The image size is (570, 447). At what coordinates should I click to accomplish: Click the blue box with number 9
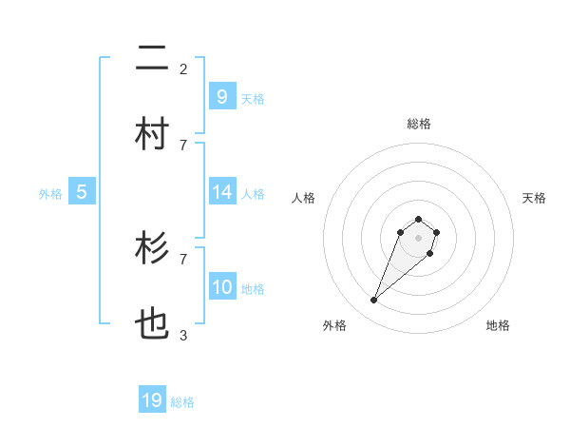221,96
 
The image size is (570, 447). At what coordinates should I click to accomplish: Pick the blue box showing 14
221,192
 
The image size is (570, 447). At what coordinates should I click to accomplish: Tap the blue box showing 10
221,287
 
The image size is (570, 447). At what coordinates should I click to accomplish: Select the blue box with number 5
82,192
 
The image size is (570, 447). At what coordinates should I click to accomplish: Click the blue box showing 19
152,400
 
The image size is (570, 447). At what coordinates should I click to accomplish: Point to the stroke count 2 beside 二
183,68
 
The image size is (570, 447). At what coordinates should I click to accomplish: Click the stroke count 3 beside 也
183,335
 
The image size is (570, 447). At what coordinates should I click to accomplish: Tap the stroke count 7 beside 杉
183,259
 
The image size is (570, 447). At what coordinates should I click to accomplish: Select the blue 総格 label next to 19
182,402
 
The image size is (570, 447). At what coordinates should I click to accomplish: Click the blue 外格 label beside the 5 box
50,194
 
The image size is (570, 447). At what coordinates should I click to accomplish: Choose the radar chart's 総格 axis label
418,124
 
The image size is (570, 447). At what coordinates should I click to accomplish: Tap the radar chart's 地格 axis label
498,325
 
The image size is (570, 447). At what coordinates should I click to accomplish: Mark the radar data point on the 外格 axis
373,301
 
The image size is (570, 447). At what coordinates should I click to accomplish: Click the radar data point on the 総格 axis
418,218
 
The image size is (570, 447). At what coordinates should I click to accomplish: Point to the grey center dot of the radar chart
418,238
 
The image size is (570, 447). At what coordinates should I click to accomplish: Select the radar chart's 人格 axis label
303,198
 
